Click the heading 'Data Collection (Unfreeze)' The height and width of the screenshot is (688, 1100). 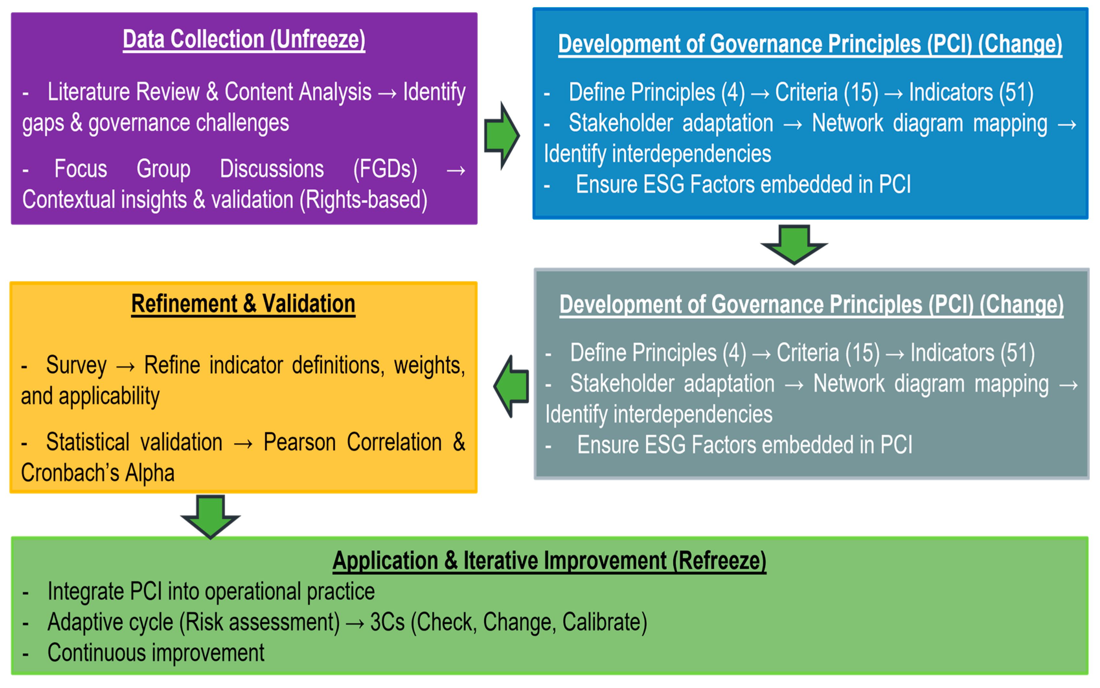pyautogui.click(x=244, y=39)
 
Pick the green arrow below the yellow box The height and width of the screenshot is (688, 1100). pyautogui.click(x=210, y=516)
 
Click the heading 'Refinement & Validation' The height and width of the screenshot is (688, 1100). pyautogui.click(x=243, y=304)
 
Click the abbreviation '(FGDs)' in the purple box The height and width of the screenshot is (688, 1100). pyautogui.click(x=385, y=169)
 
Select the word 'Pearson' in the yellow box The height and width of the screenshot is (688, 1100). pyautogui.click(x=300, y=442)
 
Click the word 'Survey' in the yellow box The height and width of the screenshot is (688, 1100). pyautogui.click(x=76, y=365)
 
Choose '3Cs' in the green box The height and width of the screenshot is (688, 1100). pyautogui.click(x=387, y=622)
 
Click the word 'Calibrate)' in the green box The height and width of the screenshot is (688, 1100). pyautogui.click(x=604, y=622)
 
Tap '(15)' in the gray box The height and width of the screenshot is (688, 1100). pyautogui.click(x=862, y=353)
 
